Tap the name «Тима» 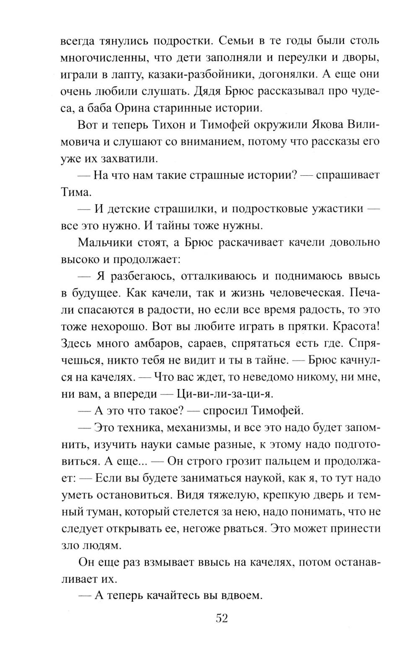point(76,192)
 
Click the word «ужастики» point(336,209)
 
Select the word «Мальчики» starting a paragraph point(103,242)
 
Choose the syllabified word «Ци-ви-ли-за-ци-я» point(225,393)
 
